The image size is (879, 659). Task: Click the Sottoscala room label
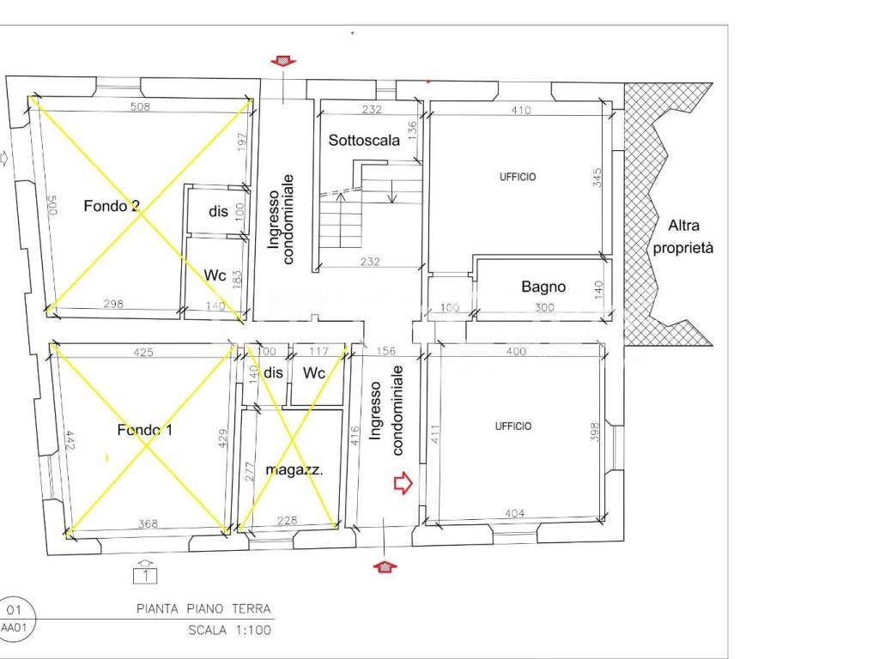click(364, 140)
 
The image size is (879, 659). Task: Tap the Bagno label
click(543, 287)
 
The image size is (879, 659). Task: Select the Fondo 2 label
click(112, 206)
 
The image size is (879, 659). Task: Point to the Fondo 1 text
click(144, 430)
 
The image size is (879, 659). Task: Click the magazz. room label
click(294, 470)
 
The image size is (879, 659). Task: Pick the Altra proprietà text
click(683, 237)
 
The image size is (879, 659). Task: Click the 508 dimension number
click(140, 106)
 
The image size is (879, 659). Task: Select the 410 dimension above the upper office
click(521, 111)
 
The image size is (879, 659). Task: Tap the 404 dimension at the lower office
click(515, 513)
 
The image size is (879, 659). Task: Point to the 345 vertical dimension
click(597, 178)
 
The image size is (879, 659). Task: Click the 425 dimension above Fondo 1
click(143, 353)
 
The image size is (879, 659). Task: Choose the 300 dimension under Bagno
click(544, 307)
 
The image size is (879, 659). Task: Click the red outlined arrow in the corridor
click(403, 483)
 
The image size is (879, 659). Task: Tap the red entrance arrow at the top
click(283, 61)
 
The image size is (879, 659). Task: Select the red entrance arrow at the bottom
click(385, 566)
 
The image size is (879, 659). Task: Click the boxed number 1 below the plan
click(145, 576)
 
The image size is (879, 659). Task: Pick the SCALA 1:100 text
click(230, 631)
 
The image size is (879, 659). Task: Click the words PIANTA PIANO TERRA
click(203, 608)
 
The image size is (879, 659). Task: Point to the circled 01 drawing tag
click(14, 610)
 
